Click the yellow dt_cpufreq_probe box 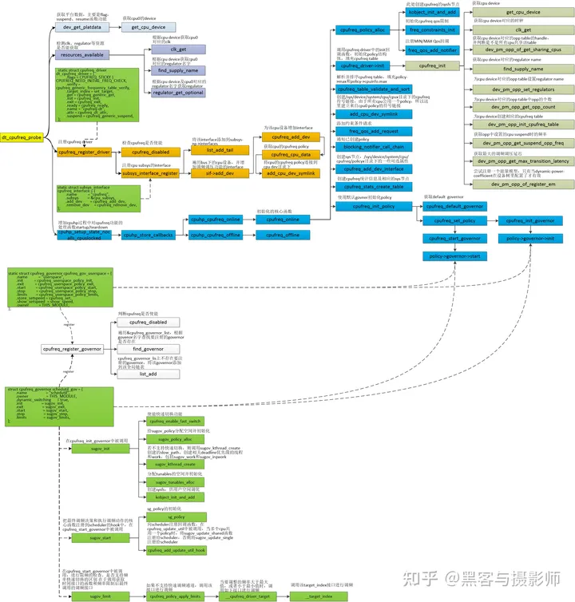tap(21, 137)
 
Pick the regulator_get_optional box tap(172, 93)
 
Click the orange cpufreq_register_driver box tap(81, 152)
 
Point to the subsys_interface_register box tap(149, 172)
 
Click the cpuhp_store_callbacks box tap(148, 235)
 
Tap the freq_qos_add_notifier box tap(433, 50)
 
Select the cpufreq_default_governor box tap(453, 206)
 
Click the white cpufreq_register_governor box tap(71, 349)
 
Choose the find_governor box tap(148, 349)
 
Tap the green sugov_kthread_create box tap(175, 464)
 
